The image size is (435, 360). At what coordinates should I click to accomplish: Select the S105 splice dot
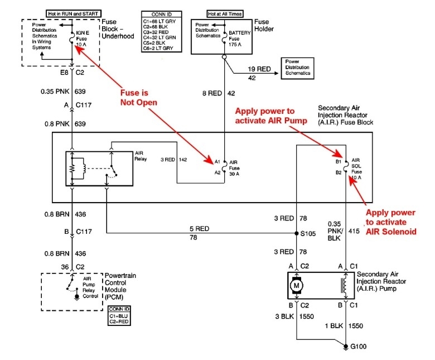point(296,233)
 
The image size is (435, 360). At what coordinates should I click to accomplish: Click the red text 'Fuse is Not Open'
point(138,97)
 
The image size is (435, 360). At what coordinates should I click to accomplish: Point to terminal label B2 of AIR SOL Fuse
point(339,173)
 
